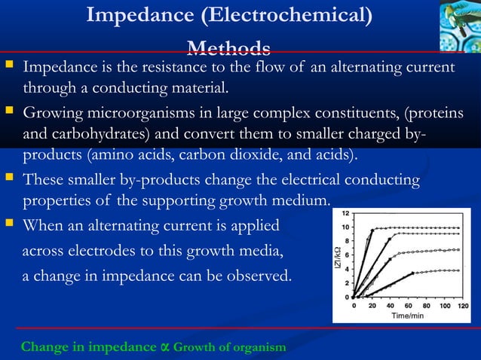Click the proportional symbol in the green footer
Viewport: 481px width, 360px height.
164,346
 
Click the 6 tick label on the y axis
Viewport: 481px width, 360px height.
346,254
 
